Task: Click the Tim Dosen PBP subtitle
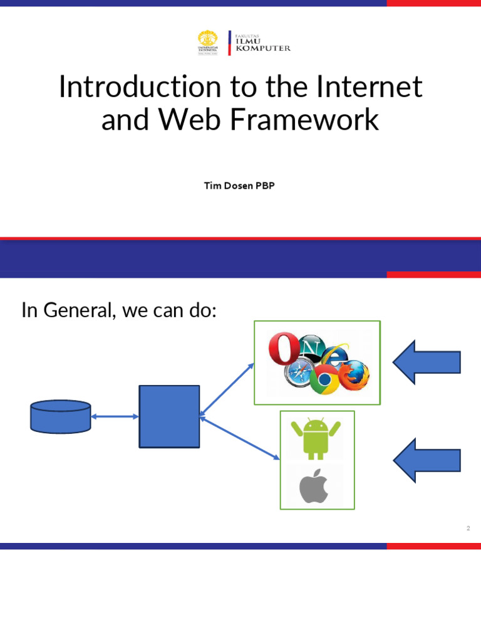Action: pos(239,186)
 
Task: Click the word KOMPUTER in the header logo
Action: pos(262,48)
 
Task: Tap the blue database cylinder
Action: pos(60,416)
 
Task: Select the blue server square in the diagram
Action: pos(169,416)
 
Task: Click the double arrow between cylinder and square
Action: pos(115,416)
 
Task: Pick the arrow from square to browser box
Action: pos(227,388)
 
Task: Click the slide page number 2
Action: pos(468,529)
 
